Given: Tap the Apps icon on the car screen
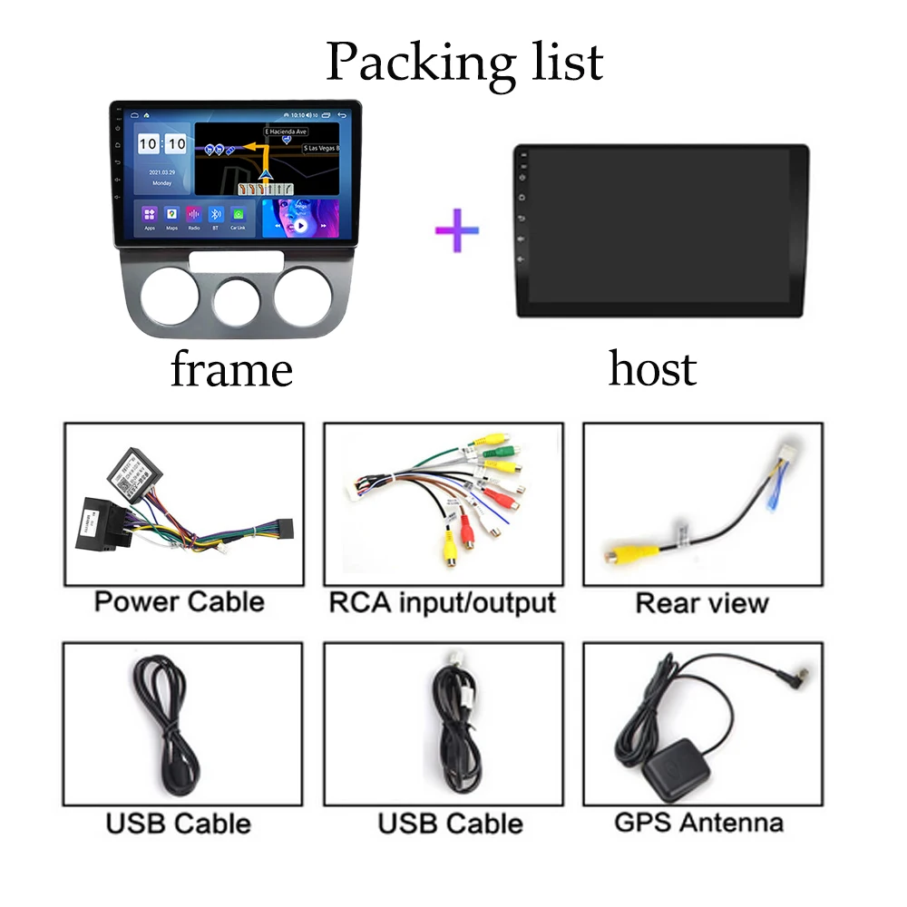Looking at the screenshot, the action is coord(150,216).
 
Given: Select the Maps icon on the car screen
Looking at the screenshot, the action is coord(171,216).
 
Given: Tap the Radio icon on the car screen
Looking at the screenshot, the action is coord(193,216).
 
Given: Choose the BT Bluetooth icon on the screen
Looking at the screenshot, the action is coord(216,216).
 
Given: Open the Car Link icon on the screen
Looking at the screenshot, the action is coord(238,216).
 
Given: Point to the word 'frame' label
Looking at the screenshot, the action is coord(231,370).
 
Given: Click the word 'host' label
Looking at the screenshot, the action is coord(652,369).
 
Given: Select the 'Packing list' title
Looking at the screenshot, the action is coord(463,62).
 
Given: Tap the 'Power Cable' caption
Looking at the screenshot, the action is coord(179,601).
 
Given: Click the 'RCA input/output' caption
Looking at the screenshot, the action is coord(442,601).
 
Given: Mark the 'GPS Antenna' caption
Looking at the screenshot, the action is coord(698,823).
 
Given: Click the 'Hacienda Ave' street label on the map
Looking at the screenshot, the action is coord(288,132).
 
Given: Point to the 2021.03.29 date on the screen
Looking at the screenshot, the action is coord(161,171).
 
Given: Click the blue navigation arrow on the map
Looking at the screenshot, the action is coord(265,173).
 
